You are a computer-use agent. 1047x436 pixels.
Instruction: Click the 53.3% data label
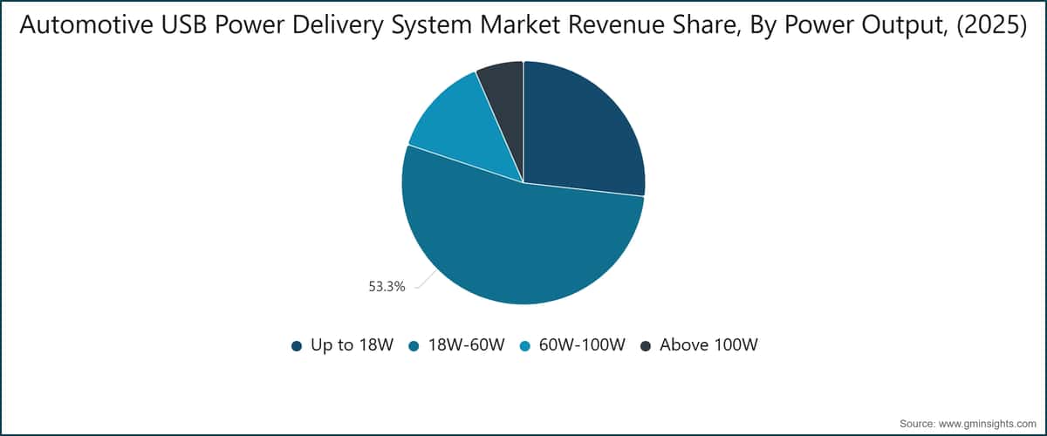tap(387, 287)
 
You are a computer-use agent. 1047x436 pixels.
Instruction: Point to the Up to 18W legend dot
tap(297, 346)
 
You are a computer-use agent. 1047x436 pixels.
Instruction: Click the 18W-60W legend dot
tap(414, 346)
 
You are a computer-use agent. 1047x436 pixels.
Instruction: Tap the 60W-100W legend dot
tap(525, 346)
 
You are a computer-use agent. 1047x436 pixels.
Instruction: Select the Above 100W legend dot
tap(646, 346)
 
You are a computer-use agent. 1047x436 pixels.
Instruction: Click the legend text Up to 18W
tap(352, 345)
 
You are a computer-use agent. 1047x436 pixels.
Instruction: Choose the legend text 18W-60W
tap(467, 345)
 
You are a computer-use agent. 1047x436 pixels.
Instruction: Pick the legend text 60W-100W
tap(582, 345)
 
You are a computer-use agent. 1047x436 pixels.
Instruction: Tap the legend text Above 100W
tap(708, 345)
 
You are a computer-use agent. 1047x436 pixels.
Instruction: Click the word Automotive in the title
tap(86, 24)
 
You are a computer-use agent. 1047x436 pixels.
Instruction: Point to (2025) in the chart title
tap(992, 25)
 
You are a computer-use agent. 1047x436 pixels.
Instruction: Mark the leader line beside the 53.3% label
tap(427, 279)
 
